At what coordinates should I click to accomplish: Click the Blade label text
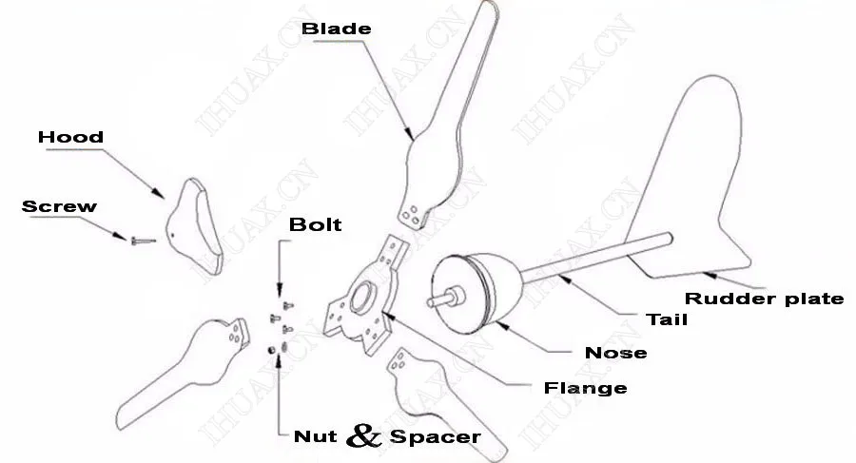click(x=336, y=29)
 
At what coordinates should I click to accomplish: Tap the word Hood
click(x=70, y=138)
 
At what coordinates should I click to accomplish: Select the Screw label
click(x=59, y=206)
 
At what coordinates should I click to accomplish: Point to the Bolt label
click(x=315, y=225)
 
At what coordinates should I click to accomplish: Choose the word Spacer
click(x=434, y=437)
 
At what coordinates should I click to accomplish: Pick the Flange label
click(x=585, y=388)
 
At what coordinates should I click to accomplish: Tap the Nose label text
click(x=615, y=353)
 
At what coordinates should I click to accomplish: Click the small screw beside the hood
click(x=141, y=241)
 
